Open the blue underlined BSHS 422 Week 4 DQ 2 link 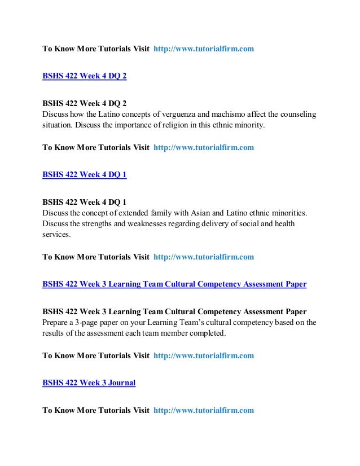click(85, 77)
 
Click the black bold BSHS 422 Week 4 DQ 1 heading click(85, 203)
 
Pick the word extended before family click(141, 213)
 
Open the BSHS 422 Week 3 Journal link click(89, 383)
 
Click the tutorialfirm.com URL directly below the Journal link click(203, 410)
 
